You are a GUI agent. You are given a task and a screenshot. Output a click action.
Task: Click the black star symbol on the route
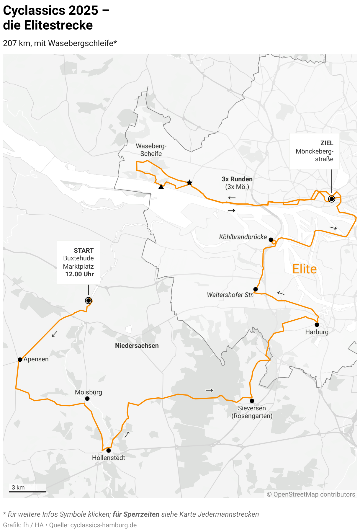189,183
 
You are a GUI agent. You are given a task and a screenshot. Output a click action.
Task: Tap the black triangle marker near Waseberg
161,187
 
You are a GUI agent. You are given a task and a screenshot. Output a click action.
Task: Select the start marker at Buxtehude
89,301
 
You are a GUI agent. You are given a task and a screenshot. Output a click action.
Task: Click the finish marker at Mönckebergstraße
332,199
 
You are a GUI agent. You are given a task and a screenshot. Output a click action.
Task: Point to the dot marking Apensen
20,360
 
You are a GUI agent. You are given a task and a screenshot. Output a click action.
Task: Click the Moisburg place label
89,392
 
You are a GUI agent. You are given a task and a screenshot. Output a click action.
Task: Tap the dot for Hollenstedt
109,451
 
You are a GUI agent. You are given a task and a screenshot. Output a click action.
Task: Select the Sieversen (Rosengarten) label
252,412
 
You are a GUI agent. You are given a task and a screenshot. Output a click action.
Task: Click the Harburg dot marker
317,325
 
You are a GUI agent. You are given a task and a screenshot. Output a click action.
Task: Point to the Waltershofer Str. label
230,295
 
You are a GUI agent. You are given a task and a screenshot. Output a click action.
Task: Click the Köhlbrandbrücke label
243,237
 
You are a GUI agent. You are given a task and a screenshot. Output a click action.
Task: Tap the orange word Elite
305,269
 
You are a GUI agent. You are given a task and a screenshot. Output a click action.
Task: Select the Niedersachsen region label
137,346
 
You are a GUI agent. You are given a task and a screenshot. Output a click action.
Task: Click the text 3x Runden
237,179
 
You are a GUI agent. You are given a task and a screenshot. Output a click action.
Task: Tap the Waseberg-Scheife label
151,150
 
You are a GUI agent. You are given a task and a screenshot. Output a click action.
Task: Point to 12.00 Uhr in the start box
79,274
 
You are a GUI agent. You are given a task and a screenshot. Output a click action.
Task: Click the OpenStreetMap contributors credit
311,495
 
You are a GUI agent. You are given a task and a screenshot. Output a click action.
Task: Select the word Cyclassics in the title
34,11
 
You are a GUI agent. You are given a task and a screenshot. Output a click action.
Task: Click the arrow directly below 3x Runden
232,198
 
